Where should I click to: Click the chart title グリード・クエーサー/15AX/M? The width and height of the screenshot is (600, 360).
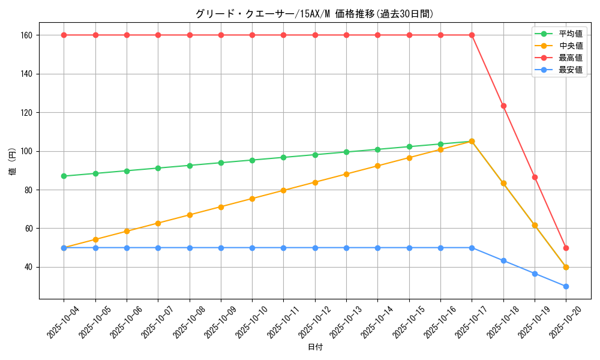pyautogui.click(x=314, y=14)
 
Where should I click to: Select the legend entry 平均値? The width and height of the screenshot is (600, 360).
pyautogui.click(x=570, y=34)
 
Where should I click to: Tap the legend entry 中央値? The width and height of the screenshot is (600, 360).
pyautogui.click(x=570, y=46)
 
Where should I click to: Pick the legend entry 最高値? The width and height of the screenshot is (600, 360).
pyautogui.click(x=570, y=58)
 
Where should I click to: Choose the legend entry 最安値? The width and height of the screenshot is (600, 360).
pyautogui.click(x=570, y=70)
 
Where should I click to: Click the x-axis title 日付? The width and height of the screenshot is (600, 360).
pyautogui.click(x=315, y=347)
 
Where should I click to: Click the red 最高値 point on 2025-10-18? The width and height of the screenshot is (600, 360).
pyautogui.click(x=503, y=106)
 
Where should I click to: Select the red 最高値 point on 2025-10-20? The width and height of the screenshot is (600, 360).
pyautogui.click(x=566, y=248)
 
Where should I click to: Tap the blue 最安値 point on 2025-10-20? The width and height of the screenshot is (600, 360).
pyautogui.click(x=566, y=286)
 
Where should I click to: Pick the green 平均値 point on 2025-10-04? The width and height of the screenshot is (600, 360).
pyautogui.click(x=64, y=176)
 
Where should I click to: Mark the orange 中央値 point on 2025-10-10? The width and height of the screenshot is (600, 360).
pyautogui.click(x=252, y=199)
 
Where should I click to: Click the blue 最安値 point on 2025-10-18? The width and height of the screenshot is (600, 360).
pyautogui.click(x=503, y=260)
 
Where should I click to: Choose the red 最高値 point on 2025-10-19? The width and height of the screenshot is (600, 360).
pyautogui.click(x=535, y=177)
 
